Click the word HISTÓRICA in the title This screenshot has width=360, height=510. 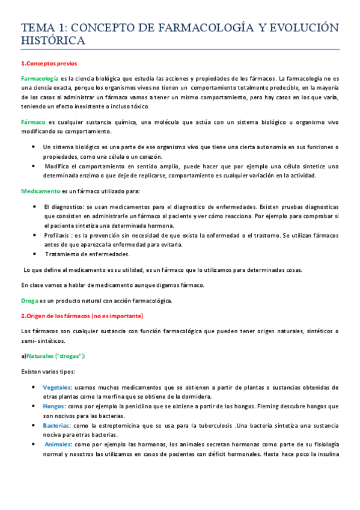pos(53,40)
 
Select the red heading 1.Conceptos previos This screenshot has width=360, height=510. pos(48,63)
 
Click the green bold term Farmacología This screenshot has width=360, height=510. pos(40,78)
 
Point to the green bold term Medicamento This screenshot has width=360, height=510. pos(41,191)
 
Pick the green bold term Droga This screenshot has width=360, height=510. pos(29,300)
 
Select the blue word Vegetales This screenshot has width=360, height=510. pos(58,387)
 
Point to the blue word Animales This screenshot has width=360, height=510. pos(58,444)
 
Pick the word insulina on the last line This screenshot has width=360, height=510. pos(325,453)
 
